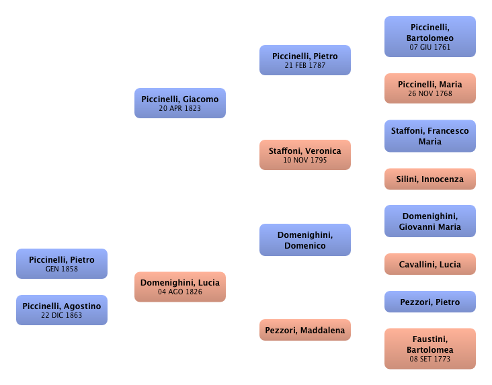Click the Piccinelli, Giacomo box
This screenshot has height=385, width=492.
(x=179, y=103)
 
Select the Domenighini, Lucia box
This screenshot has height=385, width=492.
(x=179, y=287)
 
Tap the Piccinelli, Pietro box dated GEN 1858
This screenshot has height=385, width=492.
(x=62, y=263)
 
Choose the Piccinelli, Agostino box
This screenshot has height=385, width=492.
(x=62, y=310)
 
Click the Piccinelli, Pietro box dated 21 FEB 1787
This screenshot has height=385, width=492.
(x=305, y=60)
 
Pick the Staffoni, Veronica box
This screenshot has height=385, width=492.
(x=305, y=155)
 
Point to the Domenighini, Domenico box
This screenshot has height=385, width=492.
(x=305, y=240)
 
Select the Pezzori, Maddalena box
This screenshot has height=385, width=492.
(x=305, y=330)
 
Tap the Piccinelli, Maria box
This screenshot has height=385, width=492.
(x=430, y=88)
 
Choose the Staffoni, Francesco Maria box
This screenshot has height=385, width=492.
(x=430, y=136)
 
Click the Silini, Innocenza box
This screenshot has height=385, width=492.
(x=430, y=179)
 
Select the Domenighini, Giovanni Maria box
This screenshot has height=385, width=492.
(x=430, y=221)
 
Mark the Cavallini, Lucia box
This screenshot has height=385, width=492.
(x=430, y=264)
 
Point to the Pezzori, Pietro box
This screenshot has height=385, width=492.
(x=430, y=302)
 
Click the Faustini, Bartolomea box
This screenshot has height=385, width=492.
(x=430, y=349)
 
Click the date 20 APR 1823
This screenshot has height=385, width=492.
(x=179, y=109)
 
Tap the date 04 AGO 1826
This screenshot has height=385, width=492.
(x=179, y=292)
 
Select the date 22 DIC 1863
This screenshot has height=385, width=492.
(x=62, y=316)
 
